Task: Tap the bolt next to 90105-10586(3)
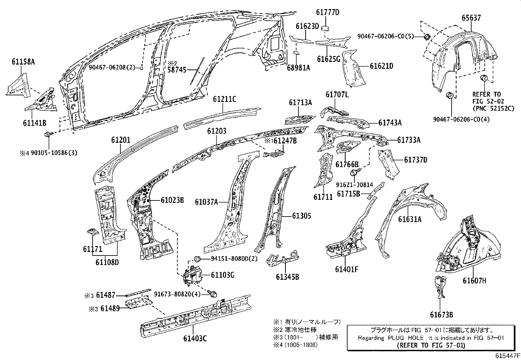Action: point(48,134)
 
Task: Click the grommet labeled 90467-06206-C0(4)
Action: point(450,95)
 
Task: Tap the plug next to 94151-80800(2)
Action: point(197,259)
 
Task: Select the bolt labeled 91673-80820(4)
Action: point(213,294)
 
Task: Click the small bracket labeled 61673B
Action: point(440,287)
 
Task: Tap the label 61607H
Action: point(474,280)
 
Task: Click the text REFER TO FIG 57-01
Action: point(431,345)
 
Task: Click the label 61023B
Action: point(172,200)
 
